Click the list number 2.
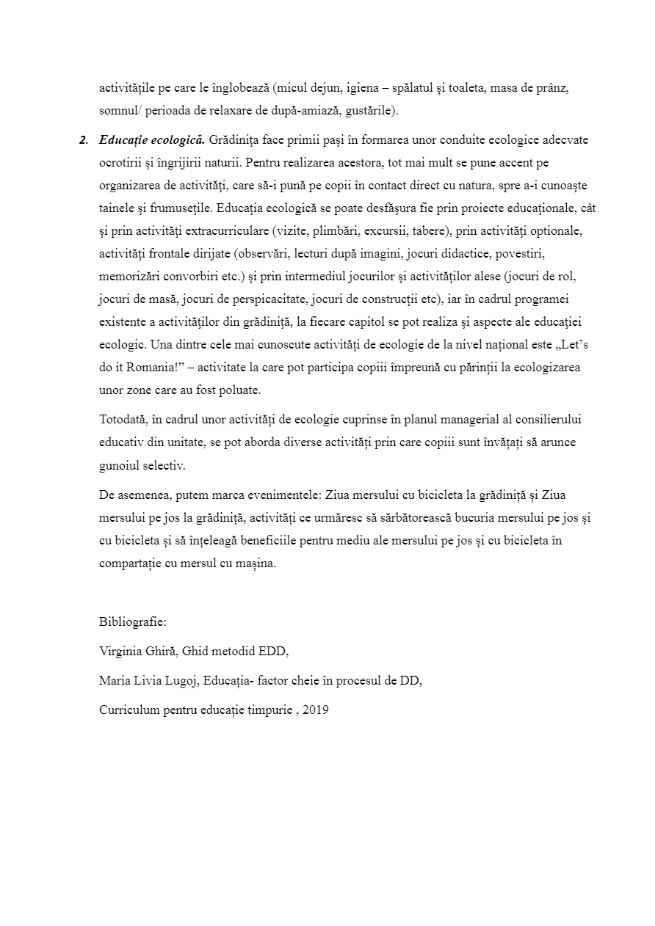[83, 139]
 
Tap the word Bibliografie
[132, 622]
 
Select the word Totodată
[123, 419]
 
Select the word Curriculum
[129, 710]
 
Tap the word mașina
[258, 564]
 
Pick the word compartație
[132, 564]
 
